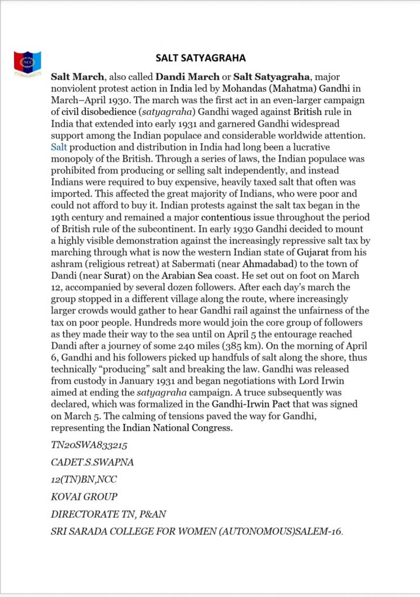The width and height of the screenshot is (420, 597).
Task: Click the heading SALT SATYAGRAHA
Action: (200, 58)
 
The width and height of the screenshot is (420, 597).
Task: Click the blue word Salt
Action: (60, 148)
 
